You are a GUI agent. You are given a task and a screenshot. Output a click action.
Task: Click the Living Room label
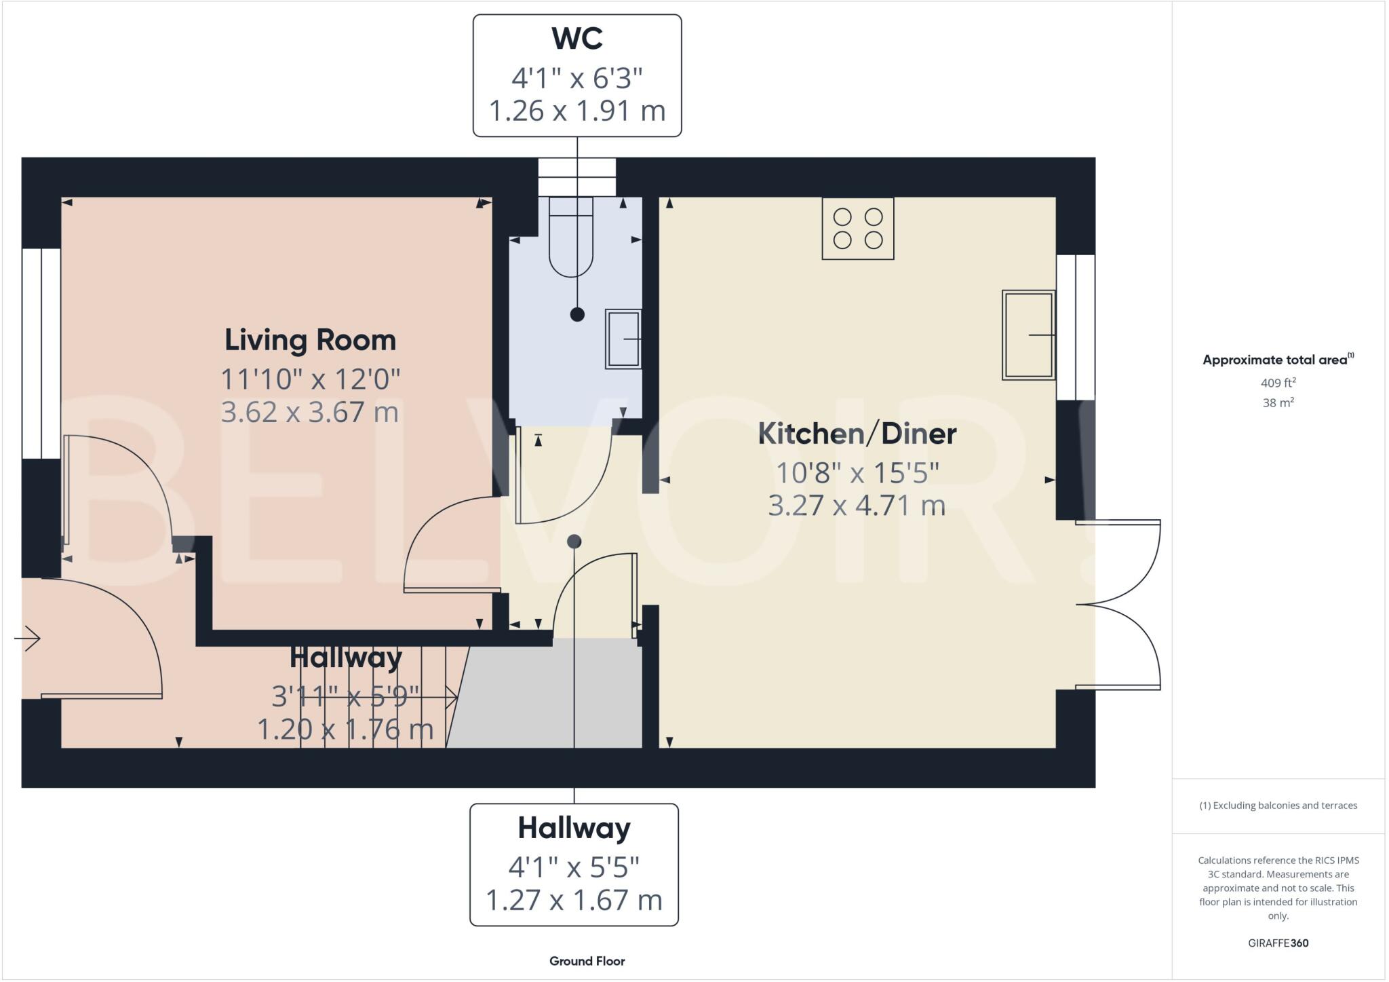click(x=310, y=340)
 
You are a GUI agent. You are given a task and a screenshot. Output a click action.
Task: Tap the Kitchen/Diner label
click(x=857, y=434)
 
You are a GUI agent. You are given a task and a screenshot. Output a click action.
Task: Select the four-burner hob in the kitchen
click(x=857, y=229)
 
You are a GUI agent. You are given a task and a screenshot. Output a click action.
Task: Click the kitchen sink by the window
click(x=1028, y=335)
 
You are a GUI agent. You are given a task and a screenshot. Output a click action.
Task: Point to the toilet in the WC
click(x=571, y=238)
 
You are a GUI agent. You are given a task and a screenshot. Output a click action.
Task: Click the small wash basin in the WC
click(x=623, y=339)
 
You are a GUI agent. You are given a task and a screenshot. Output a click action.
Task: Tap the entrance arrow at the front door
click(x=28, y=638)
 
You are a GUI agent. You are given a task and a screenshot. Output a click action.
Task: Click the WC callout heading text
click(x=577, y=39)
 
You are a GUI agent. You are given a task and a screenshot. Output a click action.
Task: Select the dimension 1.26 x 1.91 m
click(x=577, y=111)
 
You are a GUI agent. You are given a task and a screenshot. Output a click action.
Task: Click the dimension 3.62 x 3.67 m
click(x=310, y=412)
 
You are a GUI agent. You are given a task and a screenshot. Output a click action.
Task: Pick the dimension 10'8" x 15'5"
click(x=857, y=472)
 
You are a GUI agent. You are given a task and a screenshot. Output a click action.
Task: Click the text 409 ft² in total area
click(x=1278, y=383)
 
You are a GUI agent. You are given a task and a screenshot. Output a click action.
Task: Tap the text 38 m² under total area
click(x=1278, y=402)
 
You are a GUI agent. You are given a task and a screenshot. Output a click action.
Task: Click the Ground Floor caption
click(x=587, y=961)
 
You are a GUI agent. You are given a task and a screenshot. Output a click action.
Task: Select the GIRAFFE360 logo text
click(x=1278, y=943)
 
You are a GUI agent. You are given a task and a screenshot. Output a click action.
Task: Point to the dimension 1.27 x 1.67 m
click(x=574, y=900)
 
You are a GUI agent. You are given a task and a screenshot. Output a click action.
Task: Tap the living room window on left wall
click(x=41, y=354)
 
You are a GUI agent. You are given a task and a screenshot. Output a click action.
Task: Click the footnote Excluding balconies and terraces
click(x=1278, y=806)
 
